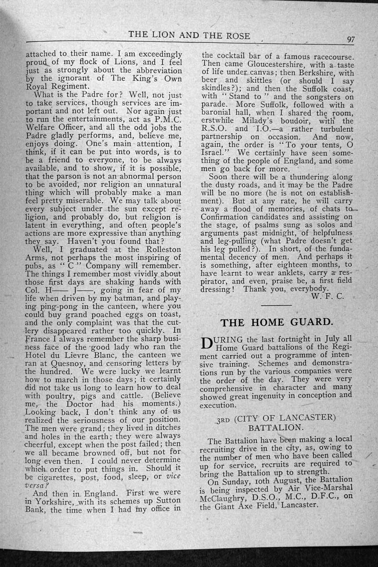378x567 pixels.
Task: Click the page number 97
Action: click(350, 39)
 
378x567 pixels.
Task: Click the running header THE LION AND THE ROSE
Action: click(189, 35)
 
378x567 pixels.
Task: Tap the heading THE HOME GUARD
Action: click(276, 322)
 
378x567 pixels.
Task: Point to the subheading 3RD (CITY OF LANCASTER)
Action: click(276, 418)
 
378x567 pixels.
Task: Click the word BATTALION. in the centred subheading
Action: click(276, 427)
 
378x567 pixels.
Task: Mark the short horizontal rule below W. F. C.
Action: click(276, 305)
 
